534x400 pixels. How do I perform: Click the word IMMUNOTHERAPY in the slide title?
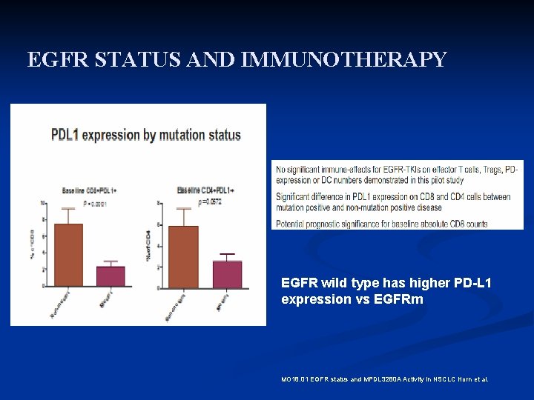click(x=343, y=59)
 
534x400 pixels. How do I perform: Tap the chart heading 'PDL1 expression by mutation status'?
click(x=145, y=135)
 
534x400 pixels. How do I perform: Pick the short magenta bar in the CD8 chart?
click(x=111, y=276)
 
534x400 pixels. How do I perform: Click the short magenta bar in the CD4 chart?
click(x=227, y=273)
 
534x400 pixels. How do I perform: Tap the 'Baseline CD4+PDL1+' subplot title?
click(x=205, y=190)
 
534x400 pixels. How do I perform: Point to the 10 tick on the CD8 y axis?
click(x=43, y=203)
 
